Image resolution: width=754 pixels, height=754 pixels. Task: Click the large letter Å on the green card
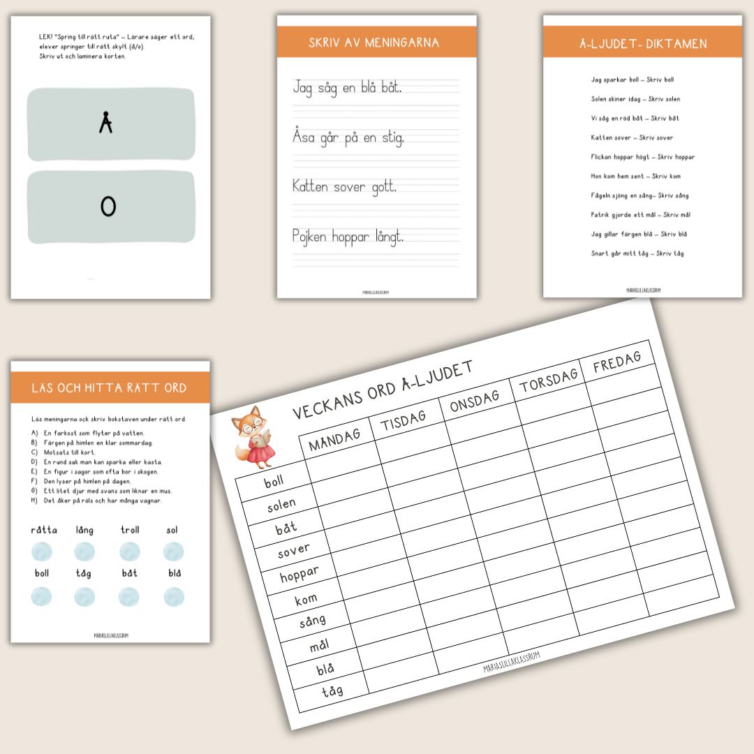[105, 124]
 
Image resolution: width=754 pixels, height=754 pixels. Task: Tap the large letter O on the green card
[108, 206]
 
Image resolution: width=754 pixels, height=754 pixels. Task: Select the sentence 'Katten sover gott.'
[345, 186]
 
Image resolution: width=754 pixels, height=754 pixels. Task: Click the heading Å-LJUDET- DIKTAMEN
[643, 43]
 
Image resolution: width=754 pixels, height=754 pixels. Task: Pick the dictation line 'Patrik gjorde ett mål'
[641, 214]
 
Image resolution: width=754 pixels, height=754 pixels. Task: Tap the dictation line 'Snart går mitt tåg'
[637, 253]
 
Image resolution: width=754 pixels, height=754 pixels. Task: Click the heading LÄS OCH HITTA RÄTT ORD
[109, 387]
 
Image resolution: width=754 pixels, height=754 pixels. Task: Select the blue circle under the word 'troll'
[130, 552]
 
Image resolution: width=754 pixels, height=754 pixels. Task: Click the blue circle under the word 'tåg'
[84, 597]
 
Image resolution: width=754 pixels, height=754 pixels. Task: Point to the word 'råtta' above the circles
[44, 531]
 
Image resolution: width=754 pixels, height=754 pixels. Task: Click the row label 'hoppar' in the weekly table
[299, 575]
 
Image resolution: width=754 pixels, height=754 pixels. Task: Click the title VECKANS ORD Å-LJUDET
[383, 390]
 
